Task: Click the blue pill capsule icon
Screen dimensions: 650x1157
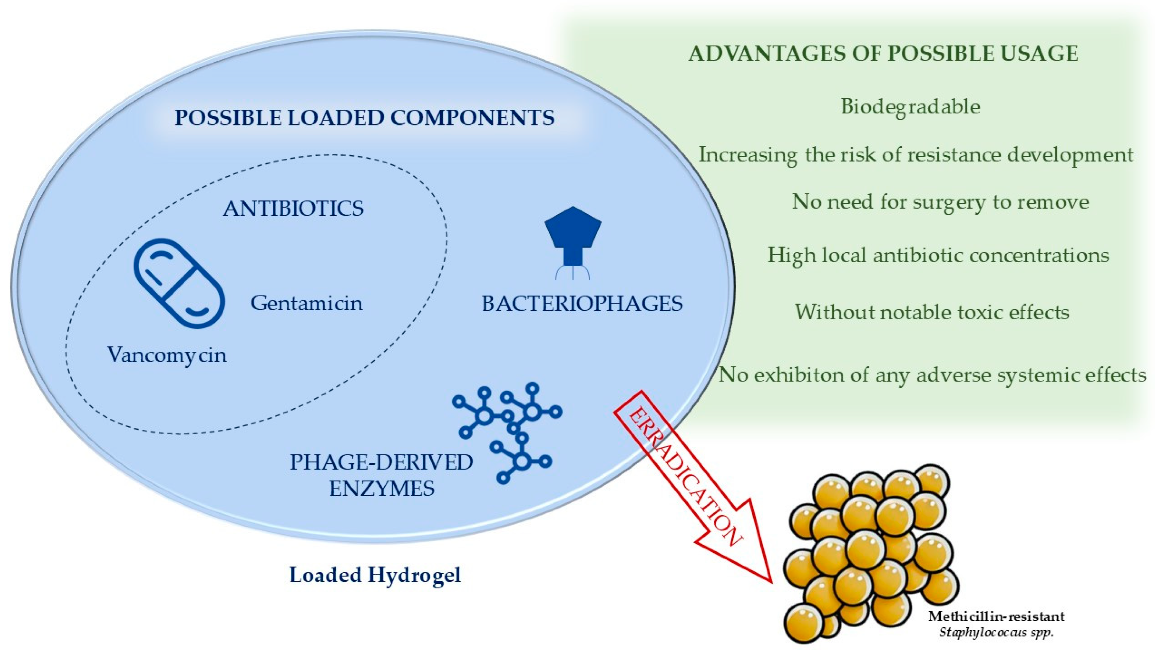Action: coord(179,283)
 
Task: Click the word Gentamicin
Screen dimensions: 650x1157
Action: coord(306,303)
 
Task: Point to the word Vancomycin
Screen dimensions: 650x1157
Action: coord(167,355)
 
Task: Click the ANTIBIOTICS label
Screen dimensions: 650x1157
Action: coord(293,209)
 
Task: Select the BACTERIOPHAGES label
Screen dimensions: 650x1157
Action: coord(582,304)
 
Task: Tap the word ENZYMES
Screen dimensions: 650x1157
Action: coord(382,488)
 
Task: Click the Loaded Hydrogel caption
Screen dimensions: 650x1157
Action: coord(375,575)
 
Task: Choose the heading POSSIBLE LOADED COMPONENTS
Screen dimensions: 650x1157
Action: coord(364,118)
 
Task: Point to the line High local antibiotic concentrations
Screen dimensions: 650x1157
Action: coord(938,255)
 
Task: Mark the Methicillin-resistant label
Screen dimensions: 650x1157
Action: coord(996,616)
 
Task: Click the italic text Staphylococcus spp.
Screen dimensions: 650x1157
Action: coord(996,633)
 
